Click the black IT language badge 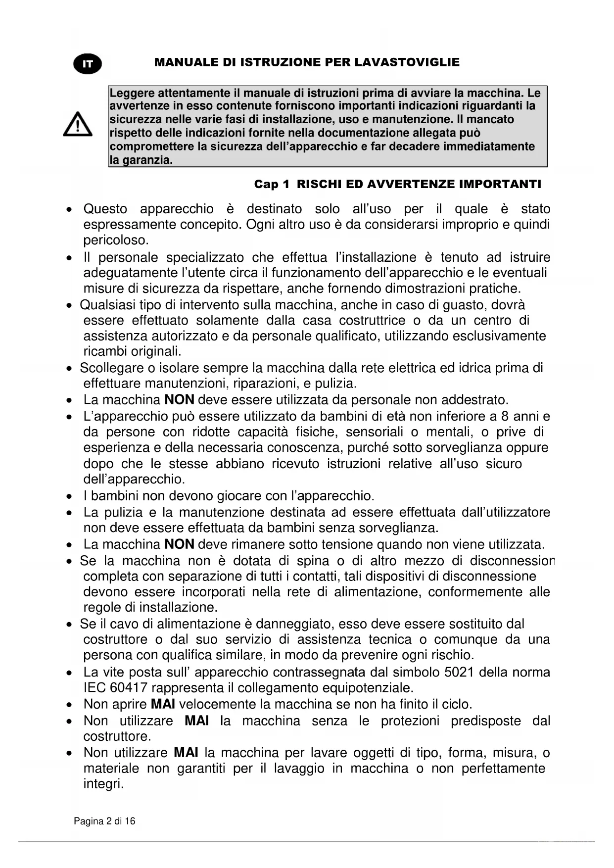tap(88, 64)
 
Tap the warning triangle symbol tap(78, 124)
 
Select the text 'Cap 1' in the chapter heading tap(272, 185)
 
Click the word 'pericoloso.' tap(116, 241)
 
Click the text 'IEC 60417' tap(115, 688)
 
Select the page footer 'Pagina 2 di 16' tap(104, 821)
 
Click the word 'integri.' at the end tap(103, 784)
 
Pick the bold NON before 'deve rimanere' tap(179, 544)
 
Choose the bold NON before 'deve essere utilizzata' tap(179, 399)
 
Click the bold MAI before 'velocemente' tap(163, 704)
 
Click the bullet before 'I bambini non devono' tap(71, 496)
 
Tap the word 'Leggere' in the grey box tap(128, 93)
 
